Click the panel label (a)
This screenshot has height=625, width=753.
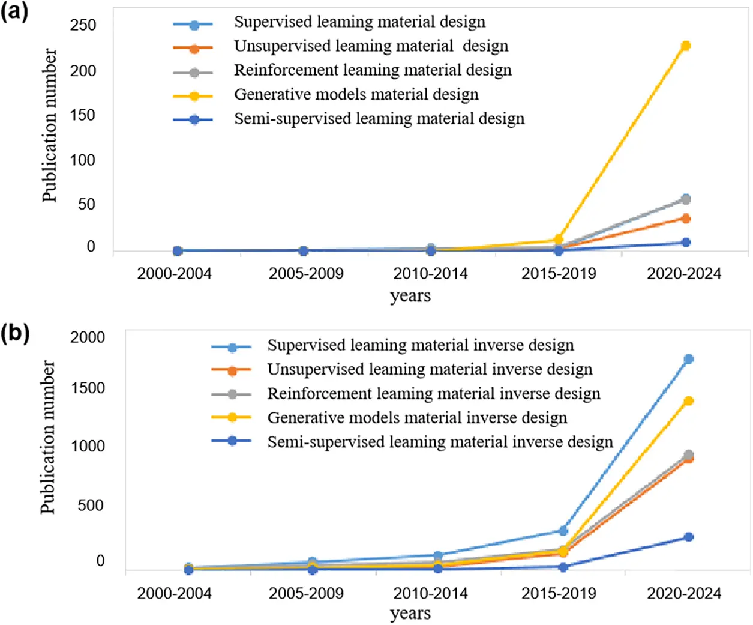click(x=14, y=11)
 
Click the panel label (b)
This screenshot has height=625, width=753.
click(x=15, y=333)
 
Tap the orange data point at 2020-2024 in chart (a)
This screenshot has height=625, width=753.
click(x=686, y=219)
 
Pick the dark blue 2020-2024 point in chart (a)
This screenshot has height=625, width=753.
click(x=686, y=243)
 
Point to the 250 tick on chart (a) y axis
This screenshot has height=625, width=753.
click(x=83, y=25)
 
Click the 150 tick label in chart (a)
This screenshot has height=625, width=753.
click(x=83, y=115)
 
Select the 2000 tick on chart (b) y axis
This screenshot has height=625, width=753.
click(x=88, y=337)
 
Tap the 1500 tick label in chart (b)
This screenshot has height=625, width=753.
click(x=88, y=388)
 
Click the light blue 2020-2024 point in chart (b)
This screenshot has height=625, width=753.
click(x=689, y=359)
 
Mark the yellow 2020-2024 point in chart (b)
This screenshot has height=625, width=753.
click(x=689, y=400)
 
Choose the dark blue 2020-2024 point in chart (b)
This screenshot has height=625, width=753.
click(x=689, y=537)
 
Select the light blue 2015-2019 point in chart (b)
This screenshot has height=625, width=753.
click(x=563, y=531)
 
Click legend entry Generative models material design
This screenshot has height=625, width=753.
click(x=356, y=95)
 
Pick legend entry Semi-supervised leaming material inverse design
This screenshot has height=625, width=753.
click(x=440, y=442)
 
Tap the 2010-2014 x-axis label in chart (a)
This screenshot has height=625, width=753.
click(x=430, y=274)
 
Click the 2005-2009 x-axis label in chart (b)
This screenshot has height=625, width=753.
click(x=306, y=593)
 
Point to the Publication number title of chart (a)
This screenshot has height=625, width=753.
click(x=49, y=125)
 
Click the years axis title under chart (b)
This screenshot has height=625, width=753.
click(x=410, y=614)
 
